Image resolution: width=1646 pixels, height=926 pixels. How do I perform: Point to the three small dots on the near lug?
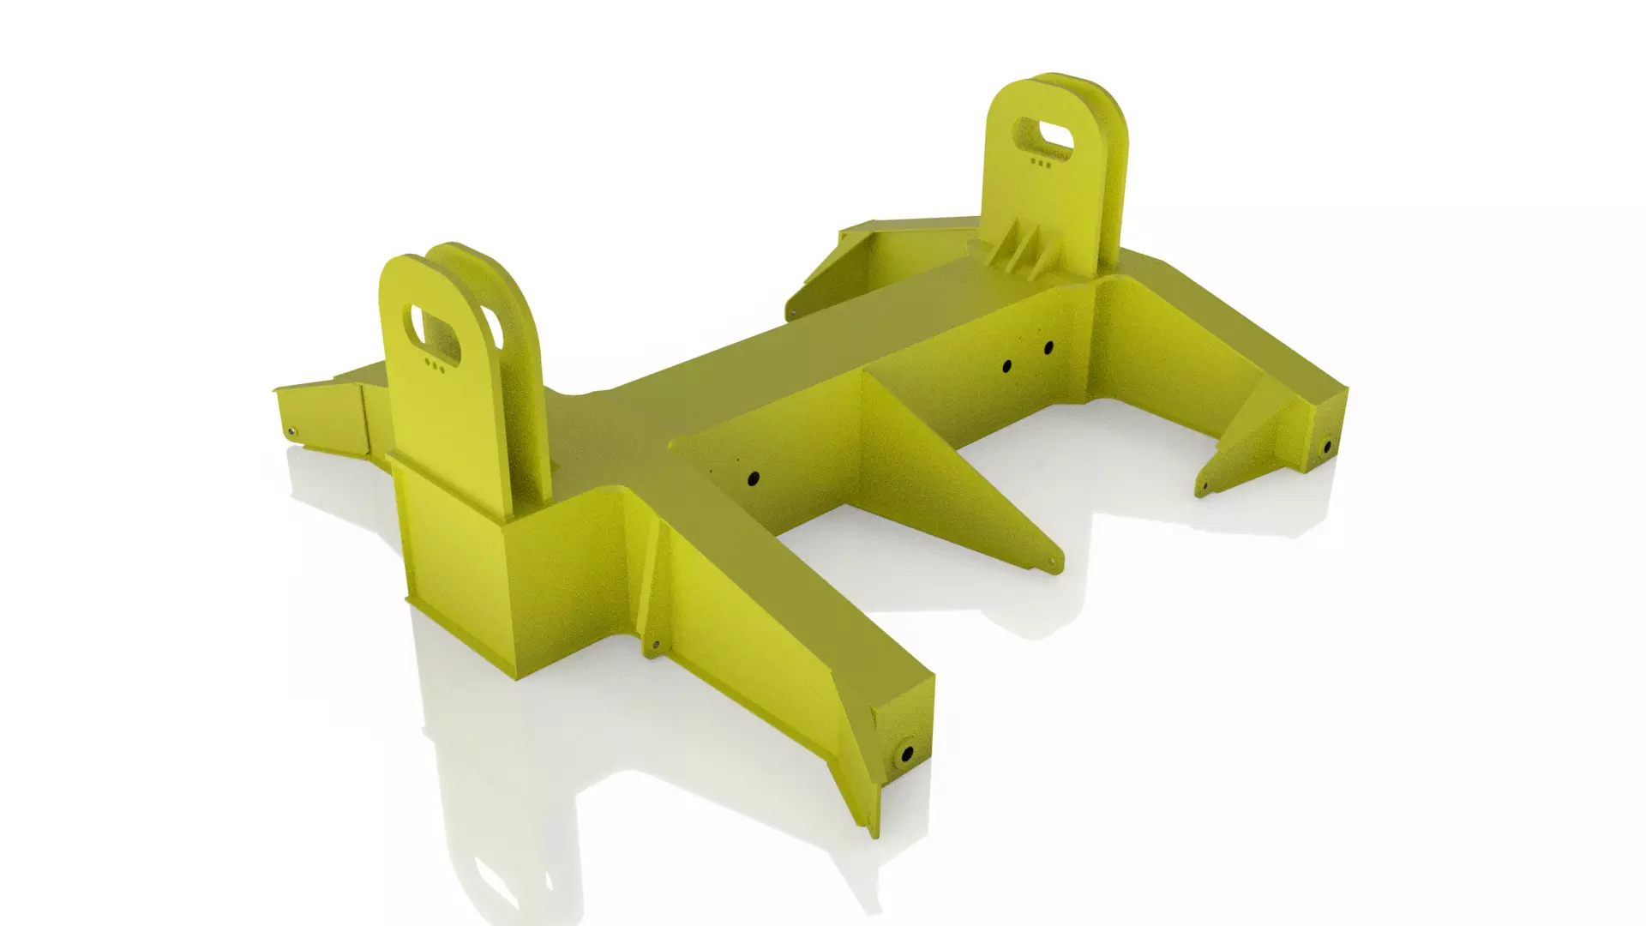tap(435, 366)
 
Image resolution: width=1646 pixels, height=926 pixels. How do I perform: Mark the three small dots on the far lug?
tap(1040, 162)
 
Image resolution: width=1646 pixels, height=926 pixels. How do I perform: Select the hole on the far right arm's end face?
tap(1327, 447)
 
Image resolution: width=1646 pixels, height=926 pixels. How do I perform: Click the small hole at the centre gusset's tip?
tap(1048, 562)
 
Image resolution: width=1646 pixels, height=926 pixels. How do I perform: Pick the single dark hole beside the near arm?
tap(754, 478)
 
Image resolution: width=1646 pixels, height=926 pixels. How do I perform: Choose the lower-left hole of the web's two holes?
tap(1007, 367)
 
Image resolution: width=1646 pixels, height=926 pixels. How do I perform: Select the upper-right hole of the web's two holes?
tap(1048, 347)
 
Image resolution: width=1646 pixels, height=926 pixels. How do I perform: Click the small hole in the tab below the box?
tap(656, 645)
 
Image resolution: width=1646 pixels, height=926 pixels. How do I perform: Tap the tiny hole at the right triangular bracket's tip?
tap(1203, 487)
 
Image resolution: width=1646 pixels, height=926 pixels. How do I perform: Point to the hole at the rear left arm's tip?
tap(793, 312)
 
